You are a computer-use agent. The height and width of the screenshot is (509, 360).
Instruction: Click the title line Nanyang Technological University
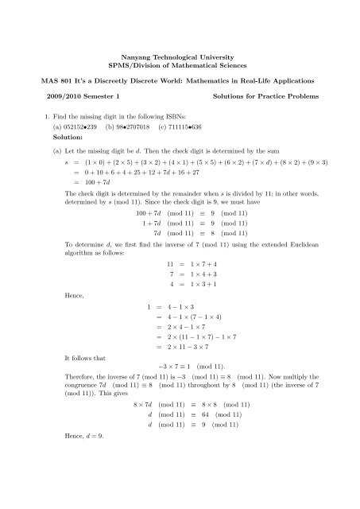[180, 59]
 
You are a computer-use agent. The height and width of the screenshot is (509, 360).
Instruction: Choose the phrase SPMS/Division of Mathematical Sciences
[180, 68]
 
